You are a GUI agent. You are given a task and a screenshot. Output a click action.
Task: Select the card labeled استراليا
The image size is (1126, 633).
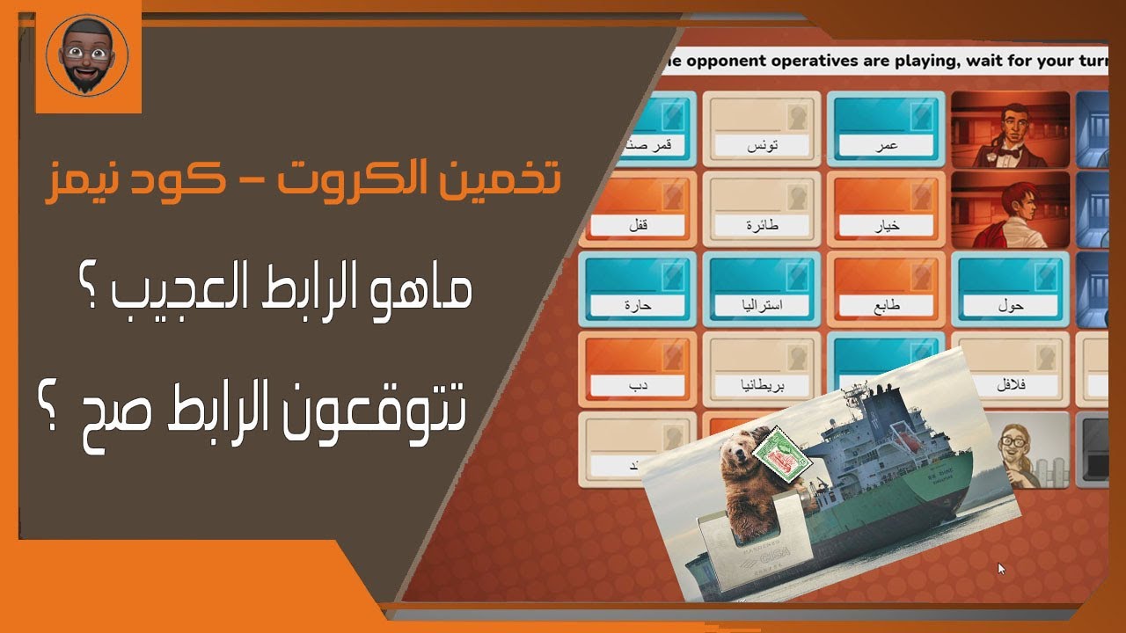[763, 289]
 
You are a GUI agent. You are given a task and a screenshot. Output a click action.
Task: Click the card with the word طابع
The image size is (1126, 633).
[887, 289]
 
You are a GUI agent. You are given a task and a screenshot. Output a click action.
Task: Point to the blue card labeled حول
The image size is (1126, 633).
[1011, 289]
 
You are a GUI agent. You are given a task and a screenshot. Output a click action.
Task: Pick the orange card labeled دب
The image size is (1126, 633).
[637, 369]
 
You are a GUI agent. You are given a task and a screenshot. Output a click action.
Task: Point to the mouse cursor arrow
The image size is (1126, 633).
[1001, 568]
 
